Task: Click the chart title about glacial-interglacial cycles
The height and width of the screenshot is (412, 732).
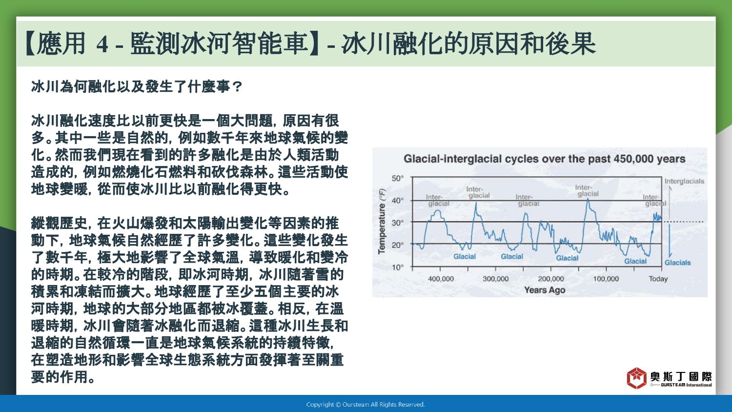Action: [545, 159]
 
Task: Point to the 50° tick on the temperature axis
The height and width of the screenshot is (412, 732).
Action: [397, 179]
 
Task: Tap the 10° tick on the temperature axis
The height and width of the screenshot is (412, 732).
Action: [397, 267]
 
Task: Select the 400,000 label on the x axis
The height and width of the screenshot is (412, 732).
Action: [441, 279]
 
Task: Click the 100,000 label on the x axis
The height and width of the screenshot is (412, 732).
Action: [606, 279]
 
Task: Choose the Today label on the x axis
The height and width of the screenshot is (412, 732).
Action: [658, 279]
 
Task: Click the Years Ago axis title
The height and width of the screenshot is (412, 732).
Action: [545, 290]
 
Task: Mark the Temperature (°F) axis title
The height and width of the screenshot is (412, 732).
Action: [382, 222]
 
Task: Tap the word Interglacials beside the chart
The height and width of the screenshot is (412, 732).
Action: [684, 181]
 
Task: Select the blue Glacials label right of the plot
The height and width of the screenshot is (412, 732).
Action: [678, 263]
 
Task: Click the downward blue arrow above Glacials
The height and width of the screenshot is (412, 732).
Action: [670, 240]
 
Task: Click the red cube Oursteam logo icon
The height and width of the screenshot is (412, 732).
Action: [636, 378]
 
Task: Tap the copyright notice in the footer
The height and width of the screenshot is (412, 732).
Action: [366, 405]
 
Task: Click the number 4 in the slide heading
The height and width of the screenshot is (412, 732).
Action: [102, 44]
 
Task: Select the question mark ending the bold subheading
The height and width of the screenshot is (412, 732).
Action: [238, 87]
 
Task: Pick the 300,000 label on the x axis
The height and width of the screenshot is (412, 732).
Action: [496, 279]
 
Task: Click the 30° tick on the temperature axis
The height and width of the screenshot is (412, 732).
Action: [397, 223]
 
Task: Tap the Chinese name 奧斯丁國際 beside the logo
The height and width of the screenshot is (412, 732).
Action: [681, 377]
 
